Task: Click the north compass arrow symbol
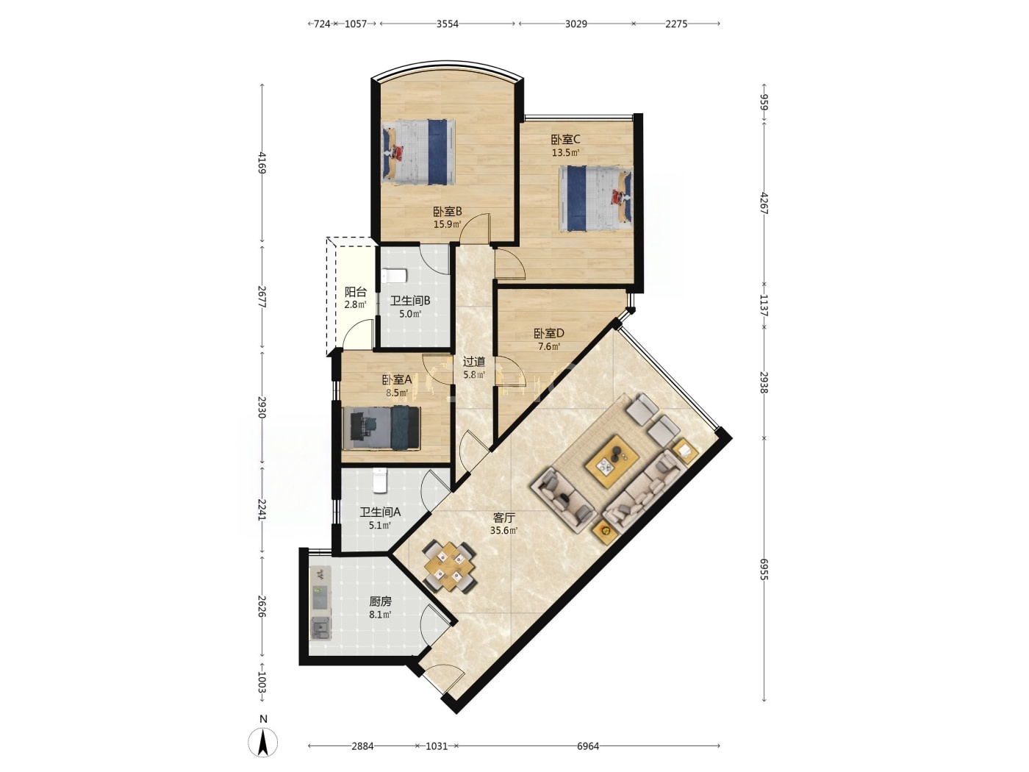point(262,742)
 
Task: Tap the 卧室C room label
point(565,139)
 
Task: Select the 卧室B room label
point(447,212)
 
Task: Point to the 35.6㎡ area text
point(503,531)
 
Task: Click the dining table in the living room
point(450,566)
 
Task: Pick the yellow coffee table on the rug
point(612,461)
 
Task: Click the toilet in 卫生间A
point(380,480)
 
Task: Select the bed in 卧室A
point(381,429)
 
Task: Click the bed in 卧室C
point(595,199)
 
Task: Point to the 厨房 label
point(380,601)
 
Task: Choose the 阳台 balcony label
point(355,292)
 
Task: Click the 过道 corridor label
point(473,362)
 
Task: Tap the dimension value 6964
point(588,746)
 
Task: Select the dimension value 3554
point(447,24)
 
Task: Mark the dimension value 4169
point(262,162)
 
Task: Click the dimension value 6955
point(764,569)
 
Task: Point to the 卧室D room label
point(548,333)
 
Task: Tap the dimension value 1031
point(437,746)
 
